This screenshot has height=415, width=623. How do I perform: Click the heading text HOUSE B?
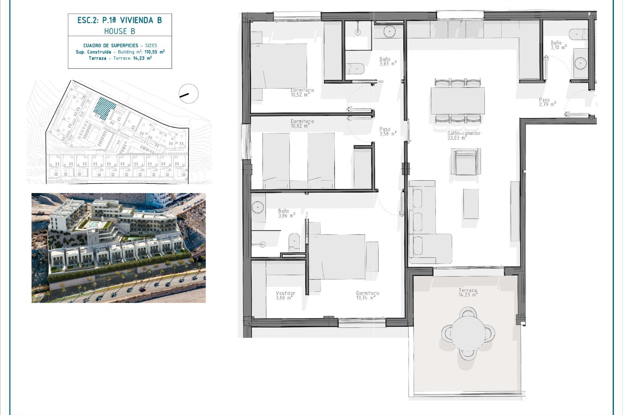click(119, 31)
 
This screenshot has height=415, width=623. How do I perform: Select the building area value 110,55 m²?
click(154, 52)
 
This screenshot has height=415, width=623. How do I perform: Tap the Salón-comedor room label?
click(464, 135)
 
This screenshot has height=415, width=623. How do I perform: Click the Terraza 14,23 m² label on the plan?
click(468, 292)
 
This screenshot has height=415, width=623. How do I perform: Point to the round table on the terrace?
click(468, 333)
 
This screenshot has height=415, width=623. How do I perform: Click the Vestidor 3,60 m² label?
click(285, 295)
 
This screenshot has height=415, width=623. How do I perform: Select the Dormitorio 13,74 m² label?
click(367, 295)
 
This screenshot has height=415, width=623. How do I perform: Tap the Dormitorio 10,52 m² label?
click(302, 92)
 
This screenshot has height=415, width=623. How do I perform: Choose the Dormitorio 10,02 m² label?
click(302, 124)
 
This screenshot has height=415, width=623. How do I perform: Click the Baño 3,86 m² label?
click(286, 213)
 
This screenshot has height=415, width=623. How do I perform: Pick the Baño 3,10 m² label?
click(558, 45)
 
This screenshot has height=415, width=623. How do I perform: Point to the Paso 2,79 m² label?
click(547, 102)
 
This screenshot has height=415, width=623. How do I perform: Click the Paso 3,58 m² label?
click(387, 131)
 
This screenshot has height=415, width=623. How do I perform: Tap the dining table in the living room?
click(458, 101)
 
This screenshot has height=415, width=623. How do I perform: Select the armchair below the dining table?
click(466, 162)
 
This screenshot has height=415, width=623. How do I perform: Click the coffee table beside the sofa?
click(471, 204)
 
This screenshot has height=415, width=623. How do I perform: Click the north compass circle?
click(189, 94)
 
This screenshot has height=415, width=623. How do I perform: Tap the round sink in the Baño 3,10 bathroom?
click(580, 63)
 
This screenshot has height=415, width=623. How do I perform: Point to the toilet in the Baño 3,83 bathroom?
click(355, 69)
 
